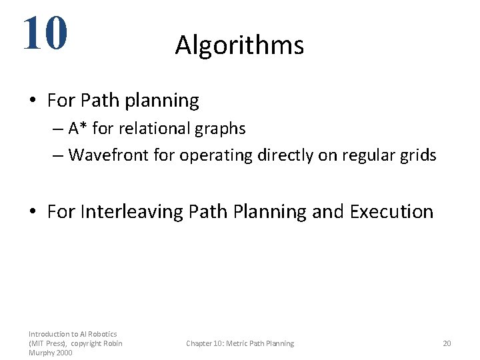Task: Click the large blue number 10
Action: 45,33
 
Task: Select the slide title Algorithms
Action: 239,45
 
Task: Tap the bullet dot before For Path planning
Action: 33,101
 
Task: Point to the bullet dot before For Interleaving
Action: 33,213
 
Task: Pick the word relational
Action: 149,128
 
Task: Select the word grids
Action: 418,155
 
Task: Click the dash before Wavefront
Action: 57,156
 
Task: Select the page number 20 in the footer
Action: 447,343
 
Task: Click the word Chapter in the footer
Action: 200,343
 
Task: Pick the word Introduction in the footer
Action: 49,333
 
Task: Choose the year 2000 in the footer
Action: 64,353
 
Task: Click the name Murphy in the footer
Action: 41,353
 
